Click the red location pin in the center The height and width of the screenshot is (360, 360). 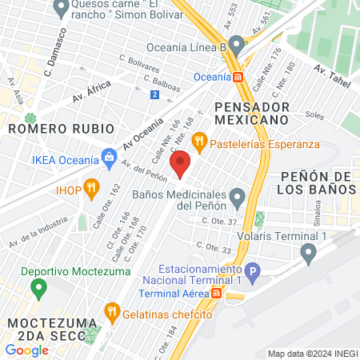pos(181,163)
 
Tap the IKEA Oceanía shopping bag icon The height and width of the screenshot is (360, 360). pos(106,158)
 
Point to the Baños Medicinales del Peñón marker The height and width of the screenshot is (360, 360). pos(237,195)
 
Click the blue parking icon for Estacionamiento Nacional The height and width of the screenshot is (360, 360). pos(252,272)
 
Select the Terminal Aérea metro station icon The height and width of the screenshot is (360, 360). pos(216,294)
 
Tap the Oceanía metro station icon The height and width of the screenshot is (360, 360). pos(238,77)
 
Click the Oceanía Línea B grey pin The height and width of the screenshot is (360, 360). pos(236,42)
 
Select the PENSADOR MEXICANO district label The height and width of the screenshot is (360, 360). pos(251,112)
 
